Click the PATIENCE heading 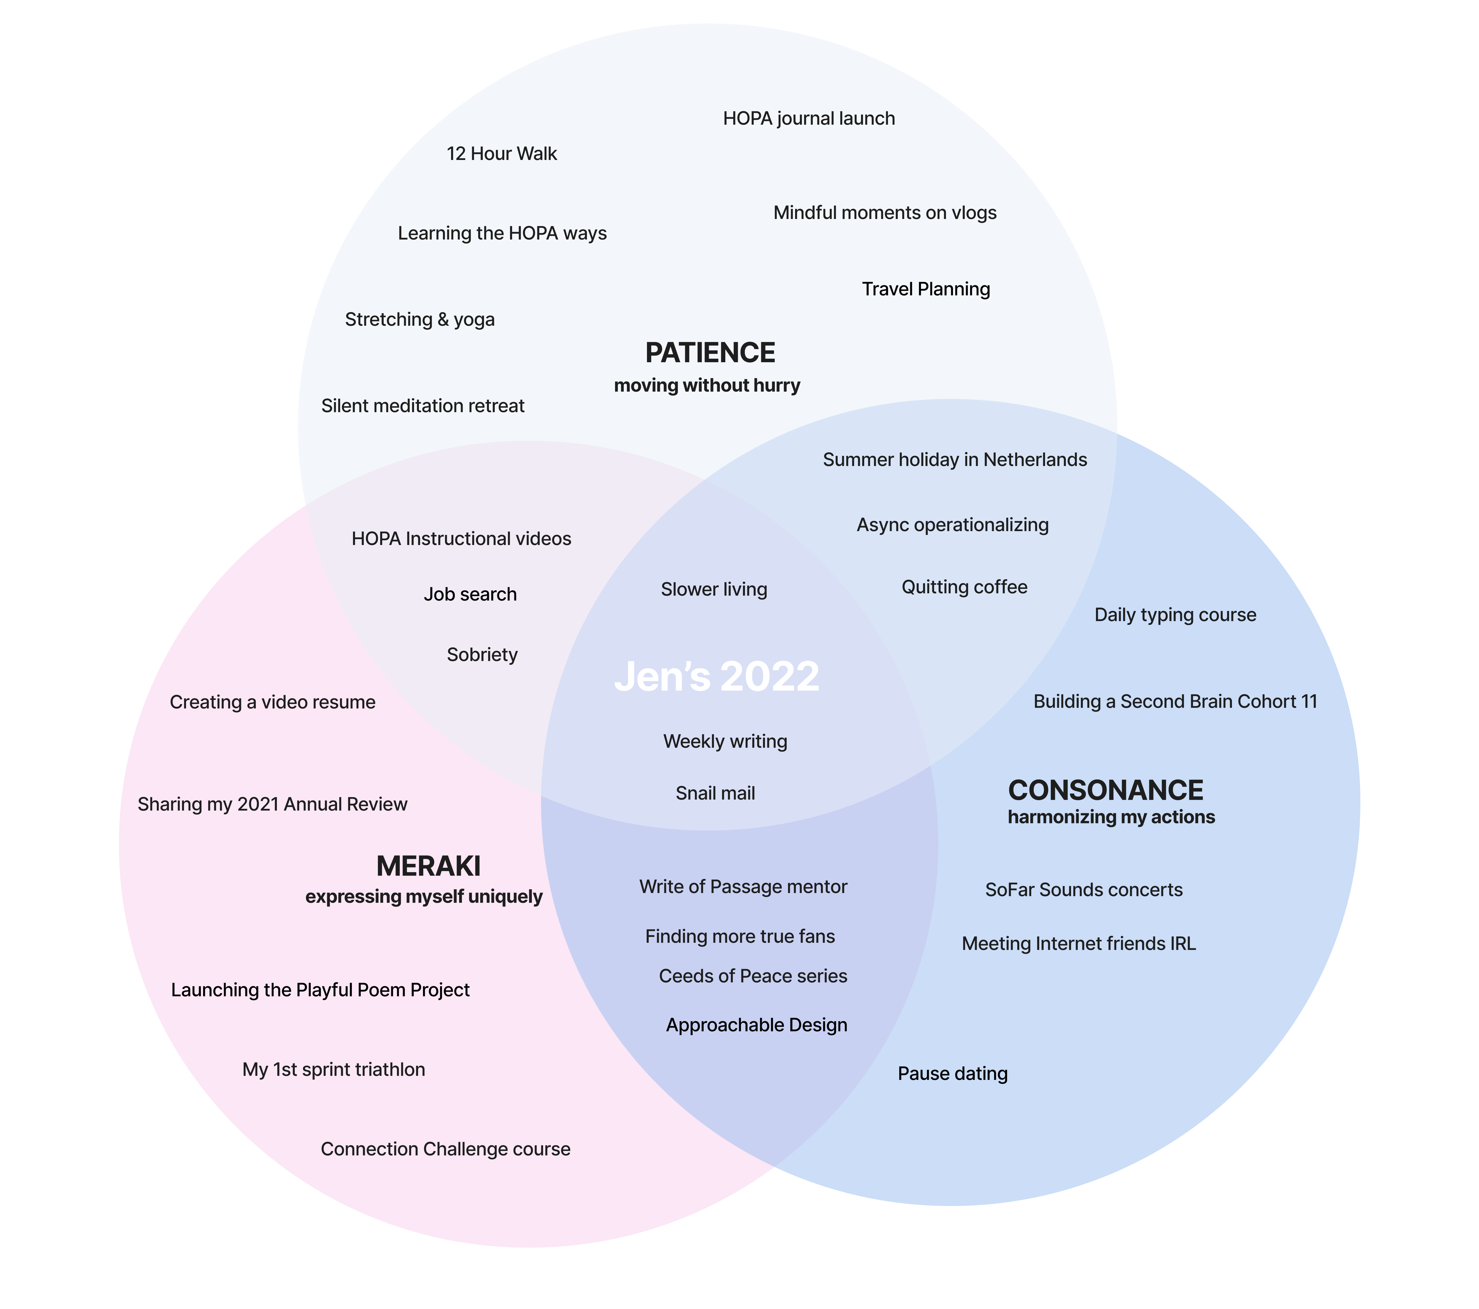click(x=710, y=353)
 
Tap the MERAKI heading click(x=428, y=866)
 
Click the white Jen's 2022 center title click(x=716, y=677)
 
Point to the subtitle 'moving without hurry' click(x=707, y=386)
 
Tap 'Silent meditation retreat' click(x=423, y=406)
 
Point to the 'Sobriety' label click(x=482, y=655)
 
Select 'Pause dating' click(x=952, y=1074)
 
